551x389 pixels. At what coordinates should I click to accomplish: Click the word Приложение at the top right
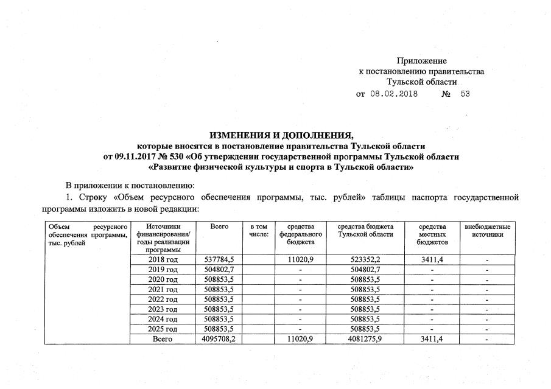(x=421, y=61)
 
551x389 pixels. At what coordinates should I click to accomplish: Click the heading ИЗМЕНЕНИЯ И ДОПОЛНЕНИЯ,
(x=281, y=135)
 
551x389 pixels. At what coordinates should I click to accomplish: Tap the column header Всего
(x=219, y=227)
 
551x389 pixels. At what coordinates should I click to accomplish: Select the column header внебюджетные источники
(x=487, y=231)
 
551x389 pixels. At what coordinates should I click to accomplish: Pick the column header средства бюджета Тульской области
(x=365, y=231)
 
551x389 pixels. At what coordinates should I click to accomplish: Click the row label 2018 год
(x=163, y=260)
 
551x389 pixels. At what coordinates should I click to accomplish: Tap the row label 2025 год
(x=163, y=329)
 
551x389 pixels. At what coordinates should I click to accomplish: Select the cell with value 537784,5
(x=217, y=260)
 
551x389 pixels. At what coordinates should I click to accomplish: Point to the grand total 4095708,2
(x=217, y=339)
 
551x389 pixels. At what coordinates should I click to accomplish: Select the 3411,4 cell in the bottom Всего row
(x=432, y=339)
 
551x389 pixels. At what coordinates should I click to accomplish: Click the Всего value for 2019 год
(x=217, y=270)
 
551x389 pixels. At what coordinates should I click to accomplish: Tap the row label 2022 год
(x=163, y=300)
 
